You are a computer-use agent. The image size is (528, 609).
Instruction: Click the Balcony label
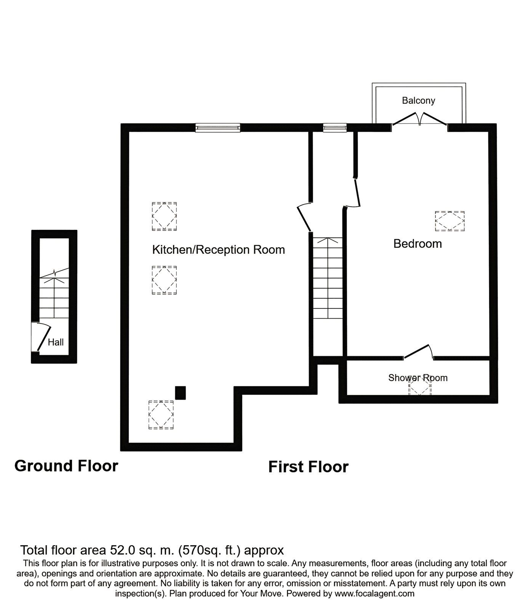[418, 100]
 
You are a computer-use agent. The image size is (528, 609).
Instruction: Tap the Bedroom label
[418, 244]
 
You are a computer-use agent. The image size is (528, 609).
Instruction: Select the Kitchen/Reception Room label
[218, 250]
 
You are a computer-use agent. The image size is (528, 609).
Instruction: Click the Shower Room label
[418, 378]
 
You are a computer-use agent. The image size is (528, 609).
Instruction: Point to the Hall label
[56, 342]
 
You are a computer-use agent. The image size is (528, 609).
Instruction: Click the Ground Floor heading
[66, 466]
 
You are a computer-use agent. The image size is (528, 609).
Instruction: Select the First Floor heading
[308, 467]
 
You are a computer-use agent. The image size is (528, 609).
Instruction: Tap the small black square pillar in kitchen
[180, 393]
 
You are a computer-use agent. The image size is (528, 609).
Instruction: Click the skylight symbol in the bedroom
[450, 221]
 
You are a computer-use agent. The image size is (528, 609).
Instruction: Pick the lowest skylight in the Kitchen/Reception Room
[161, 415]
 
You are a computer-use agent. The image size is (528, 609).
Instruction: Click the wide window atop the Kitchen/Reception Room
[218, 128]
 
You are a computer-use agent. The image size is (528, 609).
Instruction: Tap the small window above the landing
[335, 128]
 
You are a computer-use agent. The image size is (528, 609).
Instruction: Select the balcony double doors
[419, 118]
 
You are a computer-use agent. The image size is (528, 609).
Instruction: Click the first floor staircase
[328, 278]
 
